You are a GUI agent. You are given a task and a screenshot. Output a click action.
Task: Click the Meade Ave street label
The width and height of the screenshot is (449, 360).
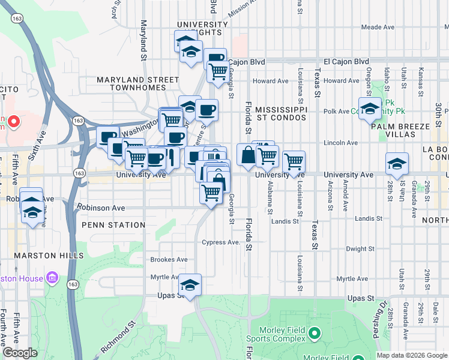tap(377, 28)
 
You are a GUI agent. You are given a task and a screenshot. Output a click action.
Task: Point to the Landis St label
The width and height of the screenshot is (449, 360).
tap(370, 221)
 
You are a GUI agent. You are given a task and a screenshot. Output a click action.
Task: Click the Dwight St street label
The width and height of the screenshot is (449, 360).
tap(360, 248)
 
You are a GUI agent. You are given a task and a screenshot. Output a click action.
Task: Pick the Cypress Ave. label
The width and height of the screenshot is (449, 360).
tap(221, 242)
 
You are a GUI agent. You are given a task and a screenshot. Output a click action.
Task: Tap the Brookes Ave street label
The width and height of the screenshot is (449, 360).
tap(169, 260)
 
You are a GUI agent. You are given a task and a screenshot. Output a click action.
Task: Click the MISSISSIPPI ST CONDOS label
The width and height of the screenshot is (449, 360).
tap(281, 114)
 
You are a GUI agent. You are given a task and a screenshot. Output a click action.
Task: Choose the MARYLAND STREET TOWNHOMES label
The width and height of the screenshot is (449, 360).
tap(138, 83)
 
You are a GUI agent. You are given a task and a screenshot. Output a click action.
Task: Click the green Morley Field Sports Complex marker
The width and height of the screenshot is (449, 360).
tap(313, 333)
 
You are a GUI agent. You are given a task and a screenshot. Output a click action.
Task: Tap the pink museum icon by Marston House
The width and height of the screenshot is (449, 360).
tap(52, 278)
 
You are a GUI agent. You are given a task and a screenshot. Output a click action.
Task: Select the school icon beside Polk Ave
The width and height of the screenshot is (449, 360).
tap(370, 109)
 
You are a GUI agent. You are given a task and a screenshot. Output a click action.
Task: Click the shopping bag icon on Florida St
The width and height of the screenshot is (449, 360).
tap(247, 155)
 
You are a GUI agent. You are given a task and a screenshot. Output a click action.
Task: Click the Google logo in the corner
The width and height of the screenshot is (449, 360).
tap(20, 353)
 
